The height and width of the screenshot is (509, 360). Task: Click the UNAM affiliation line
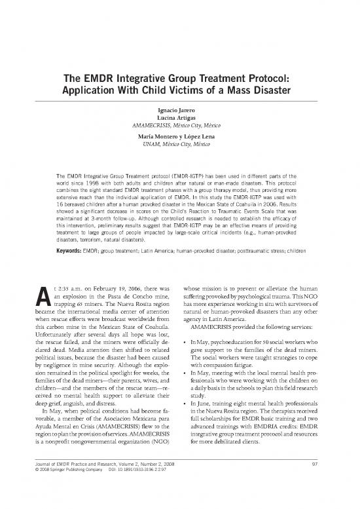(x=180, y=143)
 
